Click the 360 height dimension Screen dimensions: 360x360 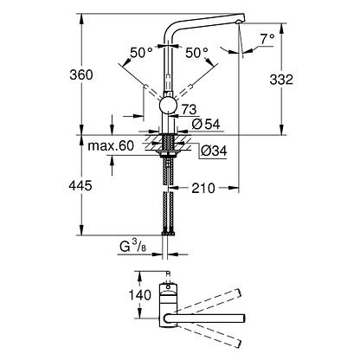81,74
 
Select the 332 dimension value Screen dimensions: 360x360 281,80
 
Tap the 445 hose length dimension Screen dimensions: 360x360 80,185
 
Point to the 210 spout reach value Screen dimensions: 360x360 203,188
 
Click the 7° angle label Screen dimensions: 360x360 267,39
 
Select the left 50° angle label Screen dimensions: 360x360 141,53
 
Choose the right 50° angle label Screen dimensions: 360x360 196,53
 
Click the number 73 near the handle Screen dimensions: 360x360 189,110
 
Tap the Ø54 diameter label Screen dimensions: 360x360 206,124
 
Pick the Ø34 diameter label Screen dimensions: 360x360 214,151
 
